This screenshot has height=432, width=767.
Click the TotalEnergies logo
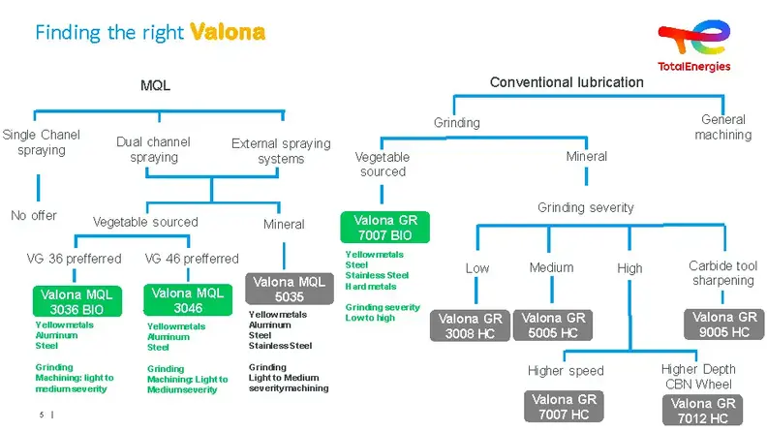click(x=693, y=46)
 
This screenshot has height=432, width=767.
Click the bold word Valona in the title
click(x=228, y=32)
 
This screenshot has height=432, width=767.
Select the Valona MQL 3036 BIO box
click(x=76, y=300)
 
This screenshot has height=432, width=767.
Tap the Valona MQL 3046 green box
click(x=187, y=300)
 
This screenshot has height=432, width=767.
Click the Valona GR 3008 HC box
click(x=467, y=325)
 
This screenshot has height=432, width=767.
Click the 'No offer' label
click(x=34, y=215)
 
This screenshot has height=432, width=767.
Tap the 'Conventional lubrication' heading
click(x=567, y=82)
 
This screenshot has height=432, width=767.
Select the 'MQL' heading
click(x=155, y=85)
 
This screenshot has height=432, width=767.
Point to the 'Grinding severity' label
click(x=585, y=207)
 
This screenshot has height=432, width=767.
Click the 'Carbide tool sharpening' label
click(x=721, y=273)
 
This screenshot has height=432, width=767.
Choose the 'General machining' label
click(x=723, y=127)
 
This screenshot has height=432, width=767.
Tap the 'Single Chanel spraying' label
click(x=41, y=142)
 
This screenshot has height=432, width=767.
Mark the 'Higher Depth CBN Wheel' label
click(x=698, y=376)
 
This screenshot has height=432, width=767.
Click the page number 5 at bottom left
click(x=42, y=415)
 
